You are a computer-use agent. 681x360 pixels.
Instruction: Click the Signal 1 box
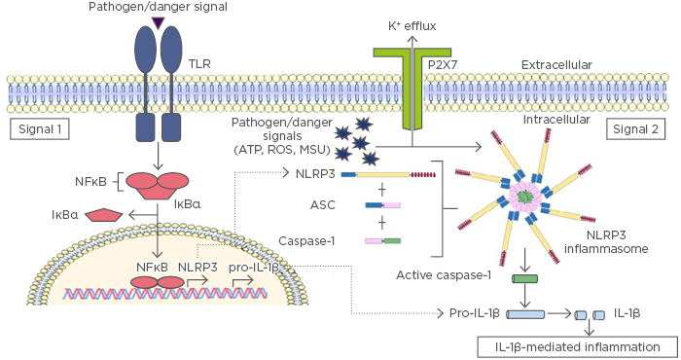(37, 128)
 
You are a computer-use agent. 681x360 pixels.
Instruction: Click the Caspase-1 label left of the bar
(305, 239)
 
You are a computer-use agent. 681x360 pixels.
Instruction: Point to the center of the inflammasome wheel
(525, 198)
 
